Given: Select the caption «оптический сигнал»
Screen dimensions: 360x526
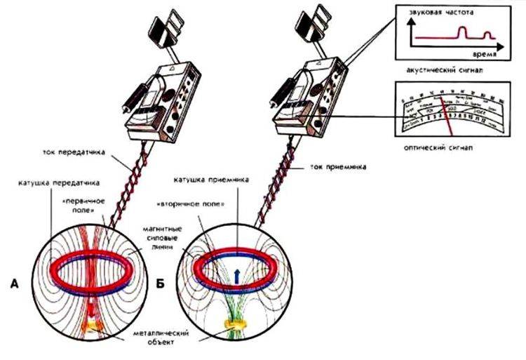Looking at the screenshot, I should coord(436,148).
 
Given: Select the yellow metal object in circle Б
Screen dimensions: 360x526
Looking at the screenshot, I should coord(231,325).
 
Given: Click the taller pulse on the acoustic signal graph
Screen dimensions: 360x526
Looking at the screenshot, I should coord(464,31).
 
